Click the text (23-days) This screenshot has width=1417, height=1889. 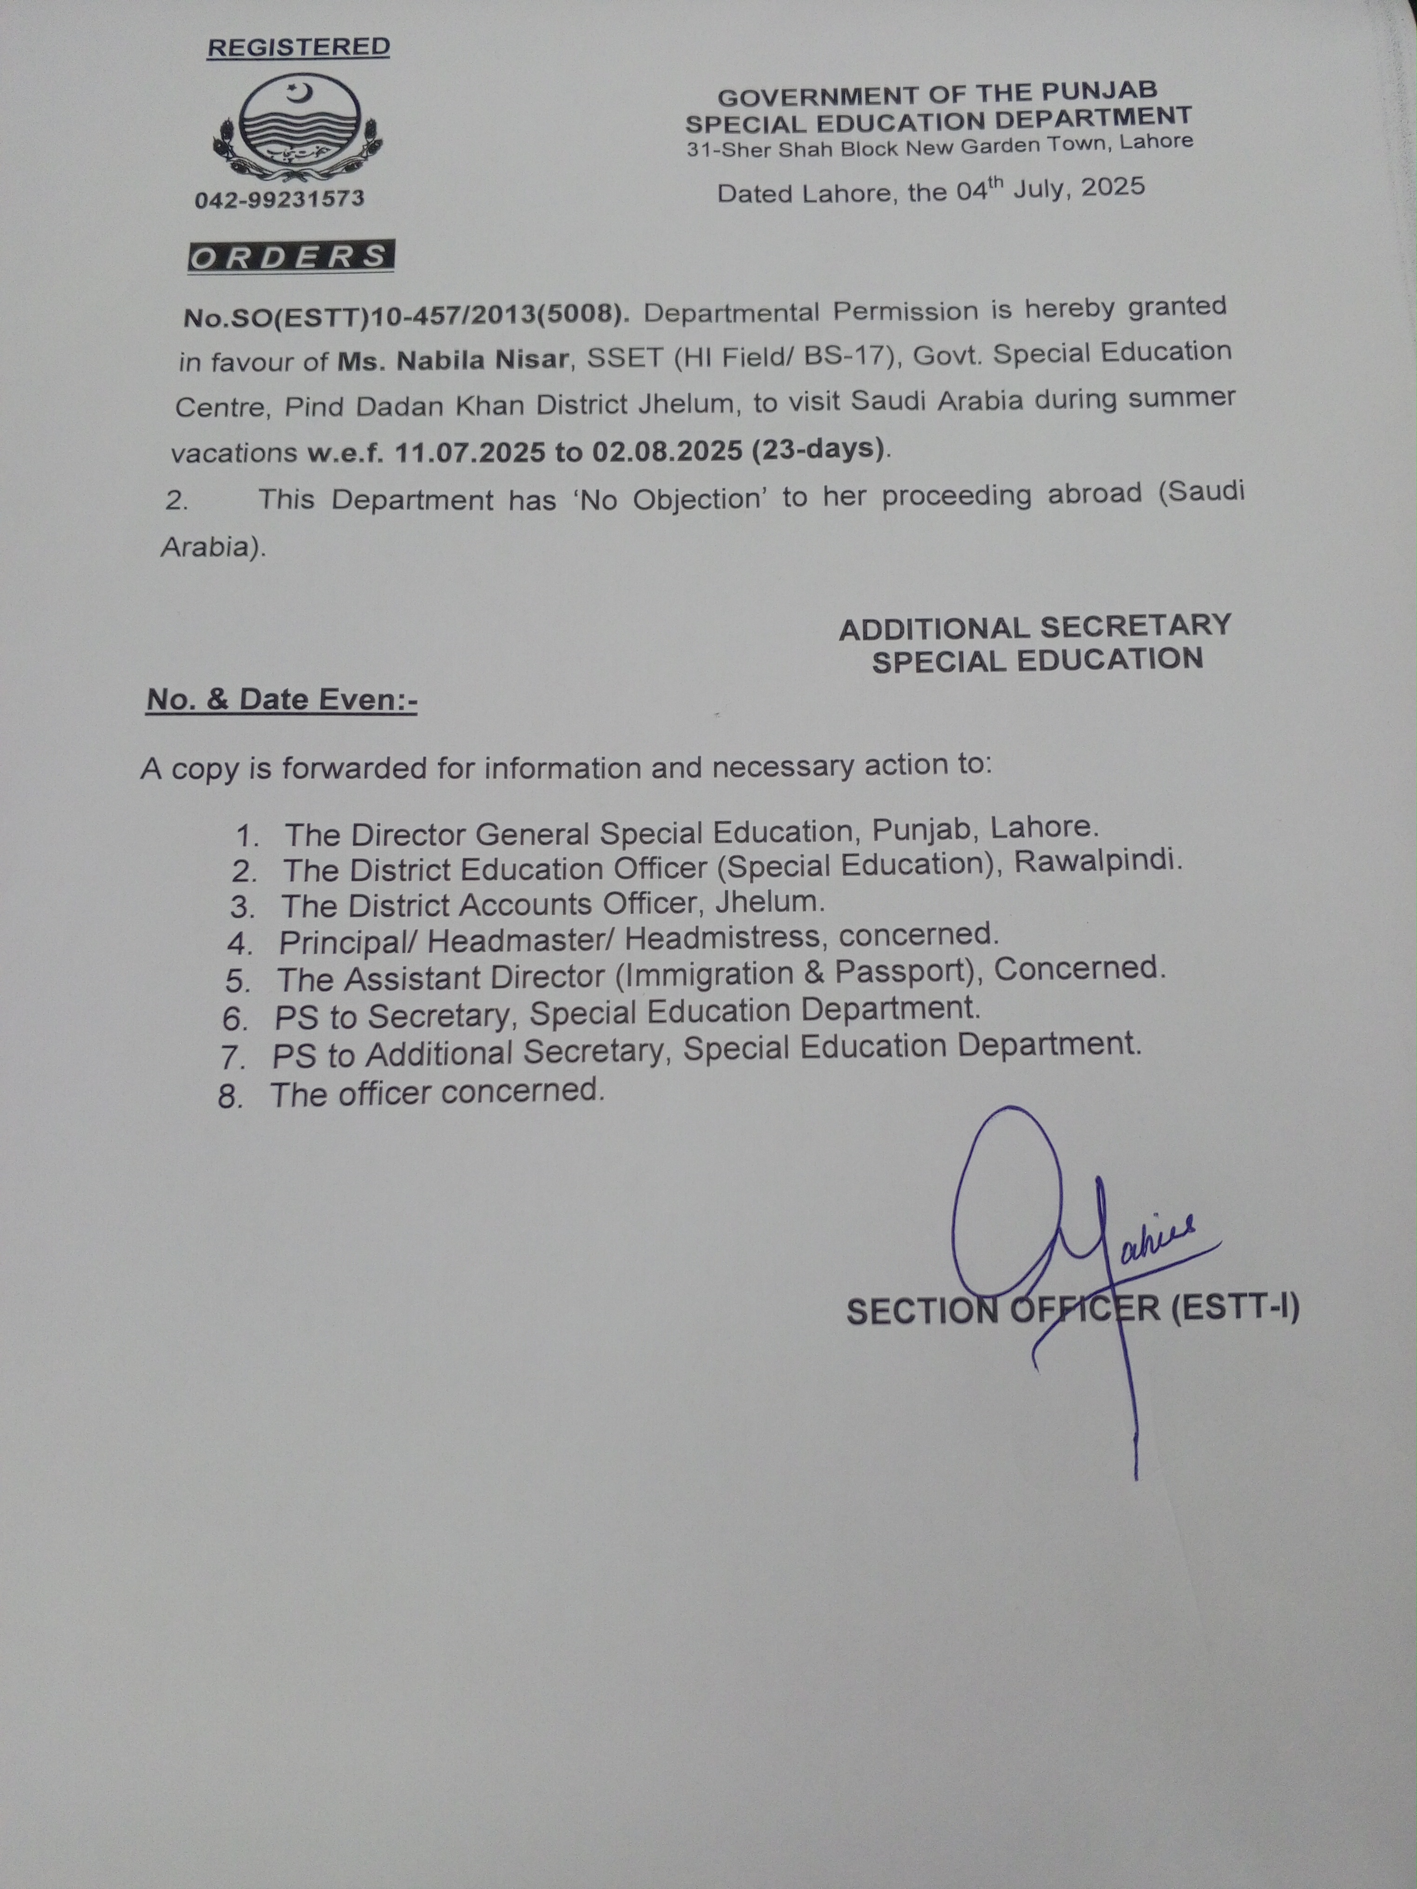click(817, 448)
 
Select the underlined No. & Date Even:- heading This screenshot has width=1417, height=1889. click(282, 700)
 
